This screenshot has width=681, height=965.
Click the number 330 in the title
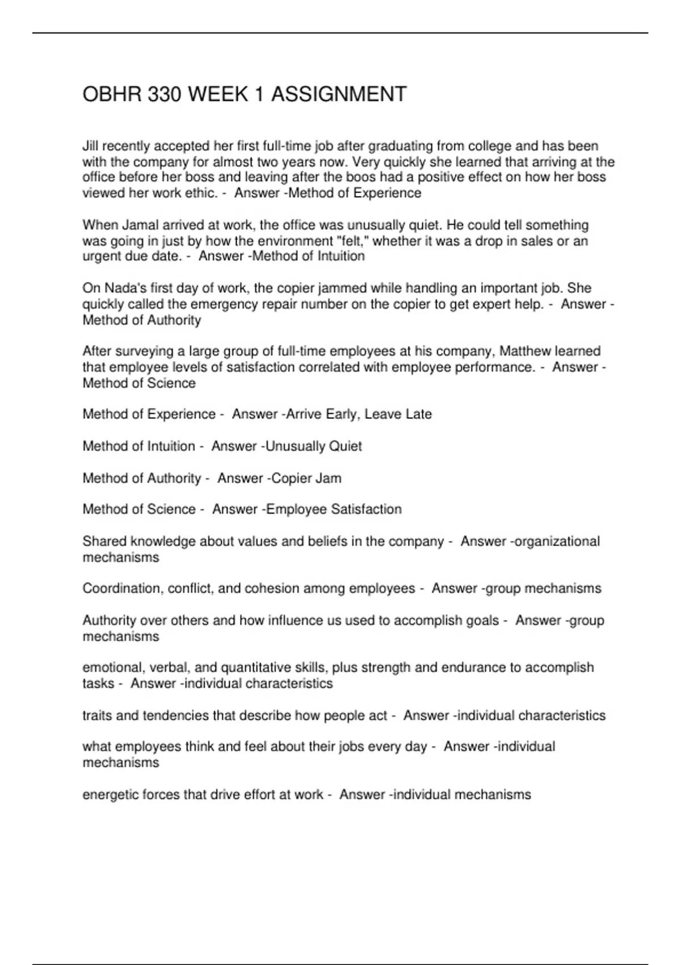(x=165, y=94)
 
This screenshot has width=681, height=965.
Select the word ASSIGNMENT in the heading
(x=339, y=94)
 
